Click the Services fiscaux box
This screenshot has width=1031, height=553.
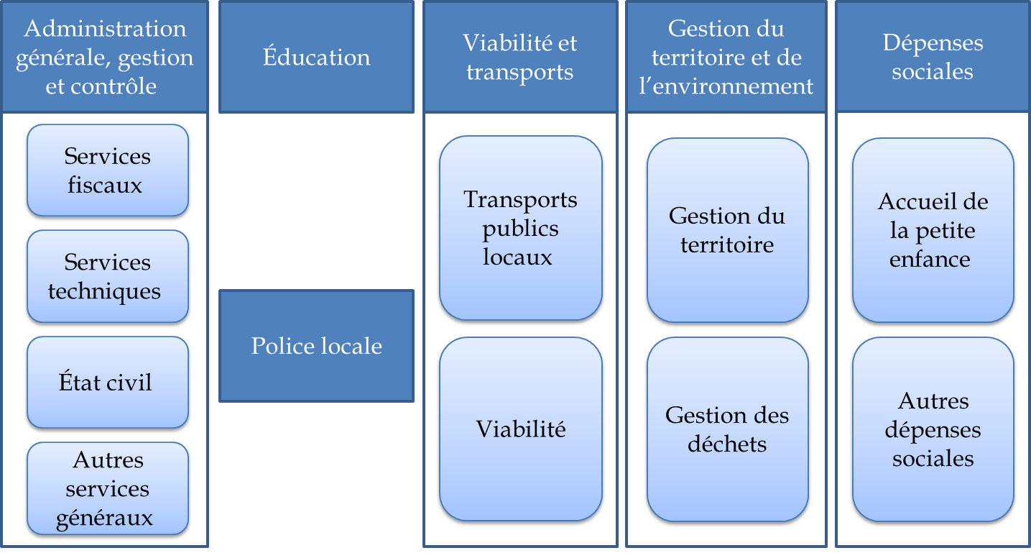click(x=108, y=170)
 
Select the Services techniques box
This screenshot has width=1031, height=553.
click(x=108, y=276)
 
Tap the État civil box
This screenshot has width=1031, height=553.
click(x=108, y=382)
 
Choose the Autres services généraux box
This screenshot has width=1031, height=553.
click(x=108, y=488)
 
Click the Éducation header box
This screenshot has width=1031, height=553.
click(x=317, y=58)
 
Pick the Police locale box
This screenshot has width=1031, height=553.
click(x=317, y=346)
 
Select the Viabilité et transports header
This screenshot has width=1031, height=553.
click(x=520, y=58)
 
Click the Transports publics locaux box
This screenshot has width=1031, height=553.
click(x=520, y=228)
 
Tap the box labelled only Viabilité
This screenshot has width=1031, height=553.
click(x=520, y=429)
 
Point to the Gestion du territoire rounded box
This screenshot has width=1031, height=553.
click(x=727, y=230)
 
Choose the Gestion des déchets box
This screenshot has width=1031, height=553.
click(x=727, y=429)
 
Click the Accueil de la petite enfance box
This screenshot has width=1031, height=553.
click(x=933, y=230)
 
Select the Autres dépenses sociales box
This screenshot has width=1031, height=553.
click(x=933, y=429)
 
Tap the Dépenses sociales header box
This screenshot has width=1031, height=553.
click(x=933, y=58)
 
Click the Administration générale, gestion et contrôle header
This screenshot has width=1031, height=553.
click(x=105, y=58)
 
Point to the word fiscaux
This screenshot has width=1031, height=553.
click(x=105, y=186)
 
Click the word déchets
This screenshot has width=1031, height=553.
click(x=727, y=444)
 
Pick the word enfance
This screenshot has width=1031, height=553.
click(x=930, y=259)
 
